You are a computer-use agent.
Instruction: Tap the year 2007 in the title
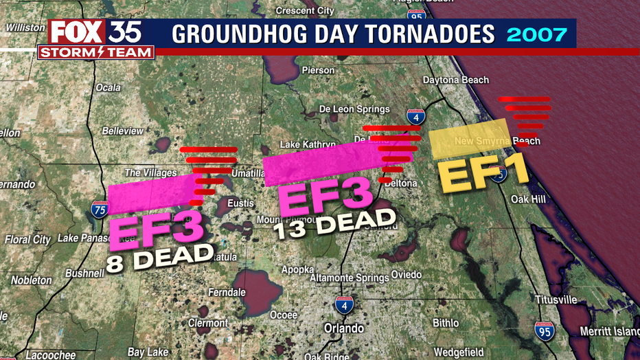536,34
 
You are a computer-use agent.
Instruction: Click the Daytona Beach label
456,80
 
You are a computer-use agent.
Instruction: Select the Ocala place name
108,88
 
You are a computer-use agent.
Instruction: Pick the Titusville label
556,300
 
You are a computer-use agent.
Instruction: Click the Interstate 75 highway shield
99,207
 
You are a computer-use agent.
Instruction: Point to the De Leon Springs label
354,109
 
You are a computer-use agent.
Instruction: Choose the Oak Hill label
528,199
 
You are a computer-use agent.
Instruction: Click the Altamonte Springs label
349,278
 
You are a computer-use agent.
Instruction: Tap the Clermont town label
208,323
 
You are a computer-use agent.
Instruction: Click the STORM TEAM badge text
95,53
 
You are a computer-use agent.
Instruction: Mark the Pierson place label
318,70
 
